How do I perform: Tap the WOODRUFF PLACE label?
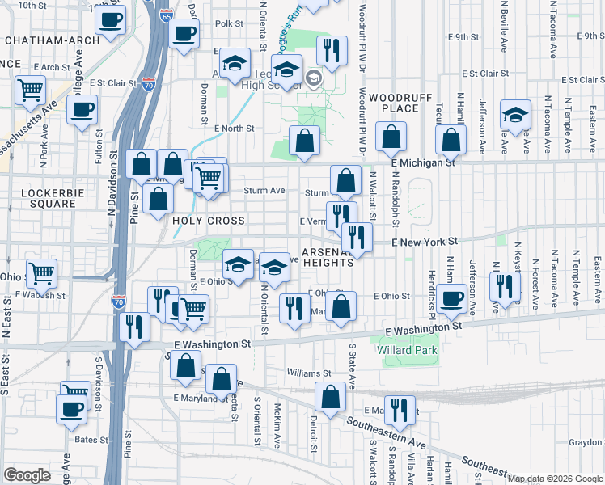tap(391, 103)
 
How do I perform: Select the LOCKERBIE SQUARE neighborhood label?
tap(49, 199)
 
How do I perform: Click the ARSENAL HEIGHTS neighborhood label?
tap(328, 257)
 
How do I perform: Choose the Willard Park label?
tap(407, 351)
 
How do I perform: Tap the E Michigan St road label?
tap(422, 162)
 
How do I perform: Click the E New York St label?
tap(425, 242)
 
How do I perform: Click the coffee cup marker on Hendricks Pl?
tap(452, 297)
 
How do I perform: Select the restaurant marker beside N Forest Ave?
tap(505, 285)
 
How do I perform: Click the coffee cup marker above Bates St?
tap(71, 407)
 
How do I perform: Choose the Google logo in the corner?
tap(27, 475)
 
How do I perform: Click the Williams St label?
tap(309, 373)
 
